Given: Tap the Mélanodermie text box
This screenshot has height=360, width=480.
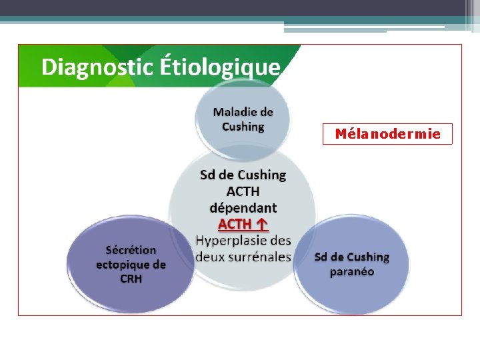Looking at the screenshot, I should point(387,134).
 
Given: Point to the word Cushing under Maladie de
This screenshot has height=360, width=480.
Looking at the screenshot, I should point(243,126).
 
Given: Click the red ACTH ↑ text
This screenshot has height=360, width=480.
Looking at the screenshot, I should point(243,224).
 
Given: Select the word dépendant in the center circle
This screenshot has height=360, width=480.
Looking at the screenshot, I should point(243,207).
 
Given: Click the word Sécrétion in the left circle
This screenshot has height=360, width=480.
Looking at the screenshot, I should point(131,250).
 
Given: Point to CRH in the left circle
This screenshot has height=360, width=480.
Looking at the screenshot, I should point(131,279).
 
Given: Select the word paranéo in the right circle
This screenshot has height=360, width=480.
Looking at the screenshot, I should point(352,271).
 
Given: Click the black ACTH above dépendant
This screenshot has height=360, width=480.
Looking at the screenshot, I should point(243,191).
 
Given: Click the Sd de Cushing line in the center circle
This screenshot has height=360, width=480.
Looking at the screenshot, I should point(243,175).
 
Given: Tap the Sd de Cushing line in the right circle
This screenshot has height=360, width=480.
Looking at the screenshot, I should point(352,257).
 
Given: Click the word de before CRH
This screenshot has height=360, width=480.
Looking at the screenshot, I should point(159,264).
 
